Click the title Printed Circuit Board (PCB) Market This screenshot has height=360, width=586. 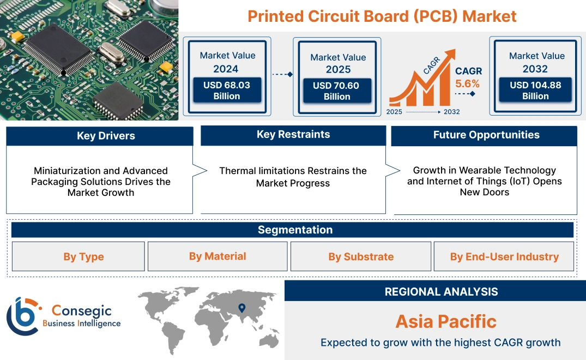(x=382, y=16)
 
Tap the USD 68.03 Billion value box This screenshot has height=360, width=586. (x=226, y=91)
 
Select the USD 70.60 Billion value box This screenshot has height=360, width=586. (x=337, y=91)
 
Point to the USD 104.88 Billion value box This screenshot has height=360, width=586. (x=535, y=91)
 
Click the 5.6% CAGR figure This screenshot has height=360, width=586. (x=467, y=83)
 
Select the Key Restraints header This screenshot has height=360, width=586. (x=293, y=135)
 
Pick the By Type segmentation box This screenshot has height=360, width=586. (x=83, y=257)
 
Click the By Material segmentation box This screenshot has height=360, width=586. (x=218, y=256)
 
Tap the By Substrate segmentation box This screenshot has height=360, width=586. (x=360, y=257)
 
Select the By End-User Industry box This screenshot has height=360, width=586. (x=504, y=257)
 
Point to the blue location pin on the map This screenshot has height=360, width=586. (x=242, y=309)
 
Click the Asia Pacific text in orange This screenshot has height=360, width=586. (x=446, y=321)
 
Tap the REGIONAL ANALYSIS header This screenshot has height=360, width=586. (x=441, y=292)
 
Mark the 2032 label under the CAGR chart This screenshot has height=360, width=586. (x=451, y=112)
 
